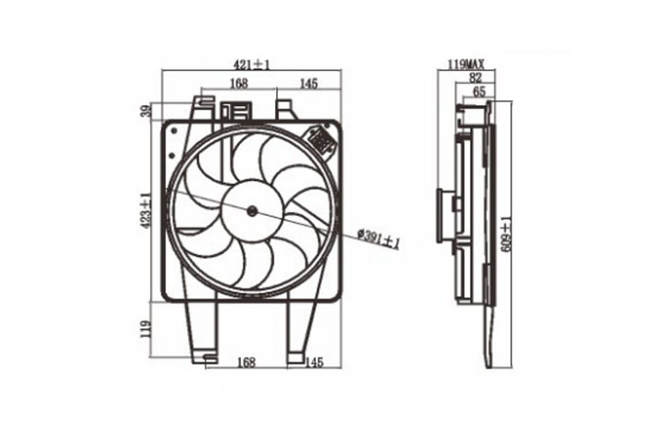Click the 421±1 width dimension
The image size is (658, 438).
(x=252, y=64)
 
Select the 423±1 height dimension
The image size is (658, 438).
(x=146, y=210)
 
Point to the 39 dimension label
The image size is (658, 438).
(x=145, y=112)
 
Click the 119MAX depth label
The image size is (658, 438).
(x=466, y=64)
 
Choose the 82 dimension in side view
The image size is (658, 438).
(x=475, y=77)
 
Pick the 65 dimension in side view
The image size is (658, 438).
(x=479, y=92)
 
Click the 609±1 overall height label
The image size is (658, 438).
(x=507, y=234)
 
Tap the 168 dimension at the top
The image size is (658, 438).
(x=239, y=83)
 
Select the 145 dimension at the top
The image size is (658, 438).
(x=309, y=83)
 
